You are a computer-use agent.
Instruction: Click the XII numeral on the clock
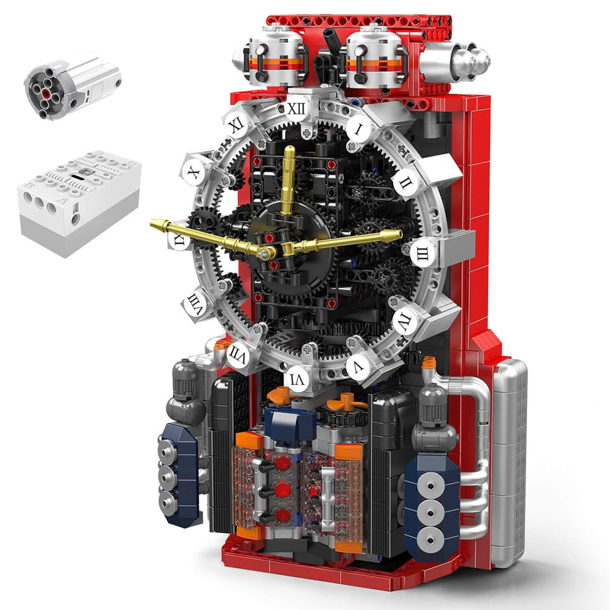(297, 108)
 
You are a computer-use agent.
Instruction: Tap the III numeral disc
(421, 252)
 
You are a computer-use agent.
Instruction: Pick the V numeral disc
(356, 365)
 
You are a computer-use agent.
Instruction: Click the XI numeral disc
(236, 124)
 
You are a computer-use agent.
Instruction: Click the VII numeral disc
(237, 354)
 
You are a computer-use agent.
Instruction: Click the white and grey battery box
(78, 200)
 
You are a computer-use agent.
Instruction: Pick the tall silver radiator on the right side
(509, 457)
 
